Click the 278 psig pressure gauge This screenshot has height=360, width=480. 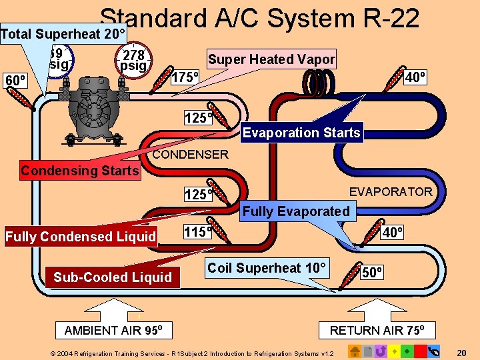[x=133, y=60]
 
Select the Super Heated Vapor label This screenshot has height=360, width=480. [x=271, y=59]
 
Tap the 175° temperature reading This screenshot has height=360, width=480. [x=186, y=77]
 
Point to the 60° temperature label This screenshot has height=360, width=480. [x=15, y=81]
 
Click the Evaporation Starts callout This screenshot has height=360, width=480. [x=301, y=132]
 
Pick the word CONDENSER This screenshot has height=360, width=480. [x=190, y=155]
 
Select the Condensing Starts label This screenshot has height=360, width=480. [x=79, y=171]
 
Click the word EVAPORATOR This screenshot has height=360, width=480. [x=391, y=192]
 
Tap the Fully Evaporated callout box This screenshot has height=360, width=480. [x=295, y=211]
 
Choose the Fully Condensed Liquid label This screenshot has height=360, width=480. [x=81, y=237]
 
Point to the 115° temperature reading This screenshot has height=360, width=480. [x=197, y=232]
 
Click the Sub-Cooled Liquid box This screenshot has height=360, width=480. [x=113, y=277]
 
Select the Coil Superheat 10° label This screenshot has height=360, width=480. [x=267, y=268]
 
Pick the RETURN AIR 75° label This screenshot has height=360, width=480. [x=382, y=331]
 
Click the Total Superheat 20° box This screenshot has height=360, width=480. [x=64, y=33]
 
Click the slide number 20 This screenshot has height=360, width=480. [x=461, y=352]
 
